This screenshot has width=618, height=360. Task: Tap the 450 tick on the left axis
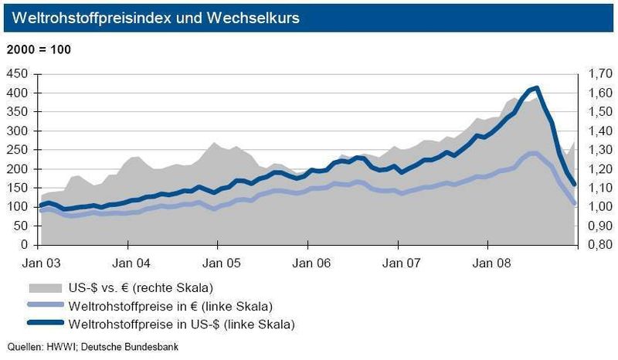point(18,74)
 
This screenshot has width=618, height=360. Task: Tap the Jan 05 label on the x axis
point(217,261)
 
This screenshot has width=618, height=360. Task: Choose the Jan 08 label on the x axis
point(487,261)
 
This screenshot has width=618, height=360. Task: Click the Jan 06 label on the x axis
point(307,261)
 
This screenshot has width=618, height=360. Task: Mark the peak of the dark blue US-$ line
point(536,87)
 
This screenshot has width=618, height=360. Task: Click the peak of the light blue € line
point(532,153)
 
